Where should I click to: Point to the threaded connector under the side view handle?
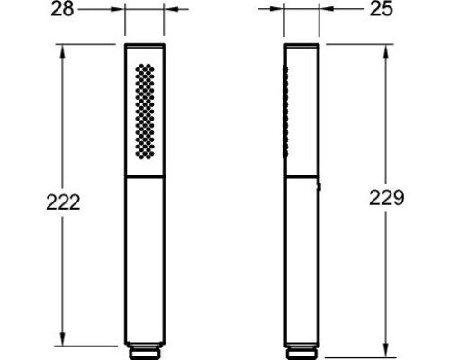coord(302,346)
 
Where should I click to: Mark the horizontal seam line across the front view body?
coord(144,176)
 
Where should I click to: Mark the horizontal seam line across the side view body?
coord(302,176)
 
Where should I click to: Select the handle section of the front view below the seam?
coord(144,261)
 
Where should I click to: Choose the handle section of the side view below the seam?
coord(302,261)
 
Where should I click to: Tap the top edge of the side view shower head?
coord(302,43)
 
